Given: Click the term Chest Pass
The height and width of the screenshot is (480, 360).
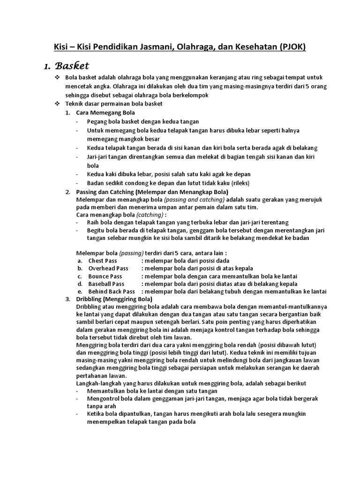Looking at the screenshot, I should (103, 261).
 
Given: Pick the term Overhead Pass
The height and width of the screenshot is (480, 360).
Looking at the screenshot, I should (108, 269).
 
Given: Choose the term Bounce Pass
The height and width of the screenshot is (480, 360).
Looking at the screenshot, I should (105, 276).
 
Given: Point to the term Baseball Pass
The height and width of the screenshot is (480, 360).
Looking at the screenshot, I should (106, 284).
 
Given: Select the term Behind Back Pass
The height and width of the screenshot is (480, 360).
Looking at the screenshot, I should (112, 291).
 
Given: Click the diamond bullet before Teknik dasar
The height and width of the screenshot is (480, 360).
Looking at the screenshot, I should (58, 103).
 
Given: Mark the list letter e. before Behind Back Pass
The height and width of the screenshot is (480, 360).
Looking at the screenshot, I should (80, 291).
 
